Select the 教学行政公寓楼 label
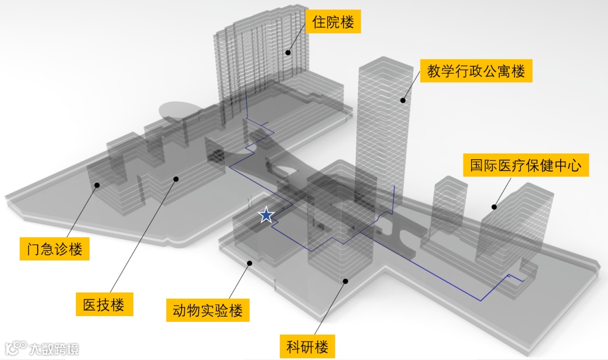(x=476, y=71)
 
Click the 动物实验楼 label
(x=208, y=310)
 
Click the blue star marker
(x=266, y=215)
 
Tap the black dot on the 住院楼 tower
(x=288, y=52)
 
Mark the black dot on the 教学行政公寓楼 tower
(x=403, y=101)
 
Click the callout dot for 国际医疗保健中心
(x=494, y=207)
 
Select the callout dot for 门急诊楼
(x=97, y=184)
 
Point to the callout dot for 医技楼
(x=176, y=179)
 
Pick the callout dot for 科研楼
(x=346, y=281)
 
